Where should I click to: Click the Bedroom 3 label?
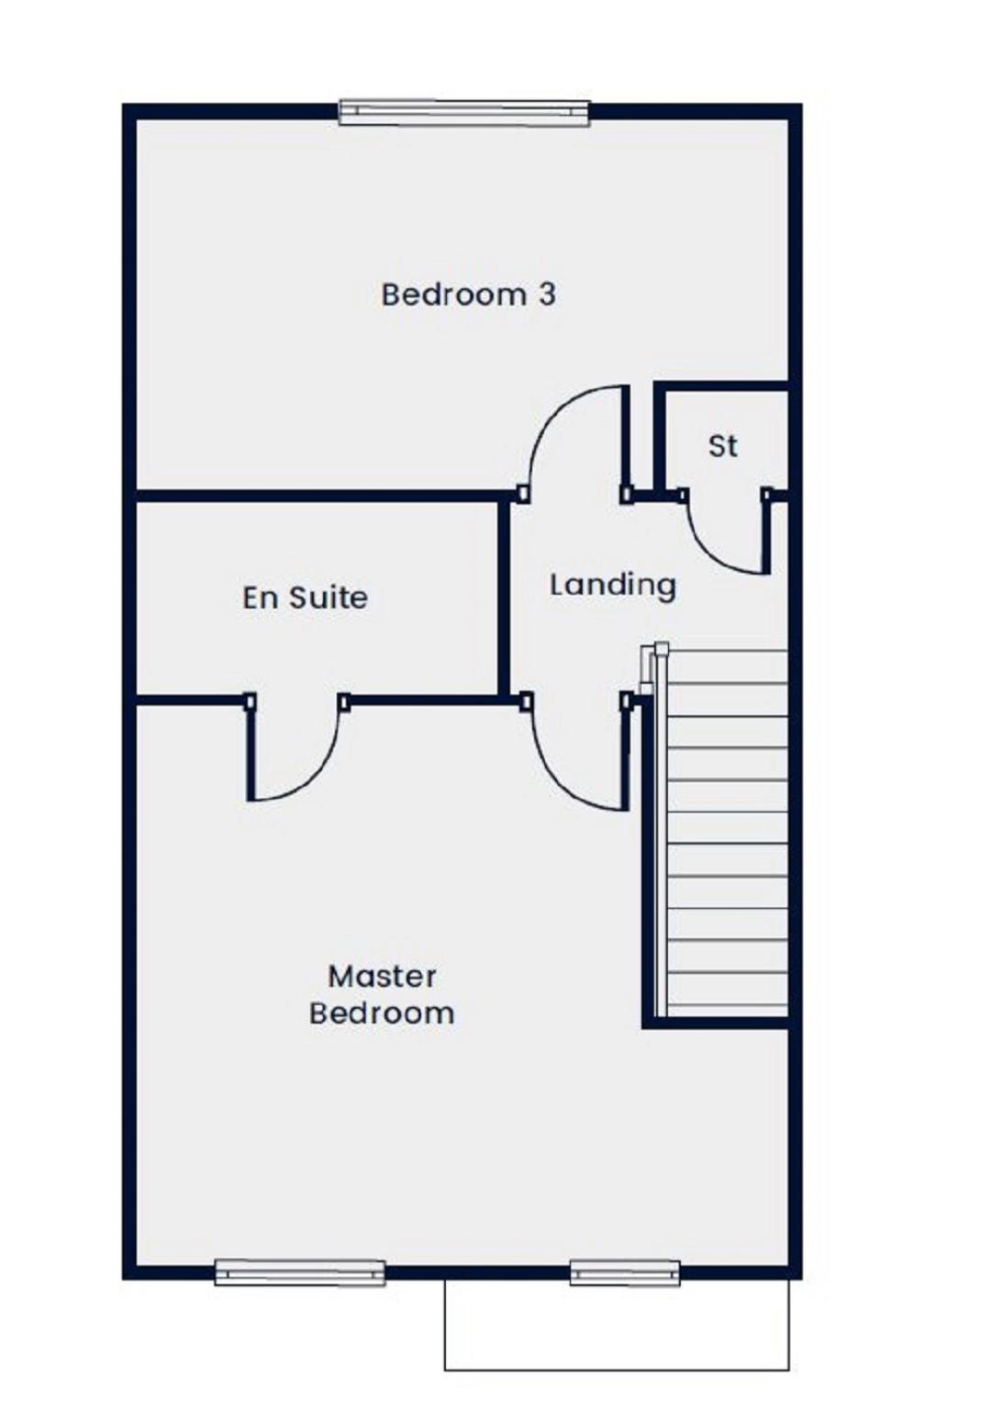pyautogui.click(x=468, y=295)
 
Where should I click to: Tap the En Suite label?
pyautogui.click(x=305, y=598)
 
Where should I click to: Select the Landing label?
pyautogui.click(x=612, y=586)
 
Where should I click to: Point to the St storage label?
pyautogui.click(x=723, y=446)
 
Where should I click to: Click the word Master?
pyautogui.click(x=382, y=977)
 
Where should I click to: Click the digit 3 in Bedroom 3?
pyautogui.click(x=547, y=295)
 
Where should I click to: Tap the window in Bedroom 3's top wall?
pyautogui.click(x=464, y=112)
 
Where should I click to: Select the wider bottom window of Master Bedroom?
pyautogui.click(x=300, y=1272)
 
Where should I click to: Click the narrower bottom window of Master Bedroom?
pyautogui.click(x=625, y=1272)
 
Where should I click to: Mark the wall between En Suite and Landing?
pyautogui.click(x=504, y=598)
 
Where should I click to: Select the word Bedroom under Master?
pyautogui.click(x=382, y=1013)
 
